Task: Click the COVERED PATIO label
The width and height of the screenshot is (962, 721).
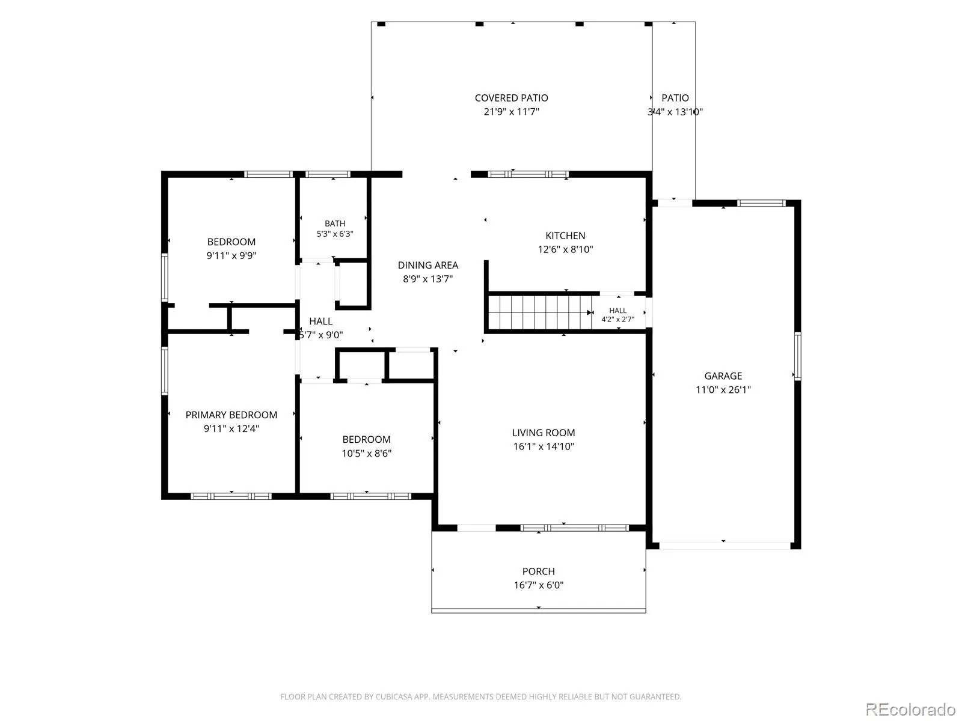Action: tap(511, 98)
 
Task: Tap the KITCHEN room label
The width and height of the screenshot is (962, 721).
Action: tap(565, 236)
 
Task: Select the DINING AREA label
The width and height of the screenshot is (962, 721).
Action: tap(427, 266)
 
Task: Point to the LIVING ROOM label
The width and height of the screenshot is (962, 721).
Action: tap(544, 433)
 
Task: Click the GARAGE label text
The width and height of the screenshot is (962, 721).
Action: tap(723, 376)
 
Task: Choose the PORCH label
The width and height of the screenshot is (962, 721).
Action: tap(538, 571)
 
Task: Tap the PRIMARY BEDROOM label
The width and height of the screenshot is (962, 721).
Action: tap(231, 415)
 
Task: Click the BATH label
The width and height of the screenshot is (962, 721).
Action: tap(335, 224)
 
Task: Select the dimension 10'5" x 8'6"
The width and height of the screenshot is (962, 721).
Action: tap(366, 453)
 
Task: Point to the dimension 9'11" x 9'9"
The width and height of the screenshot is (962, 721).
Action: tap(231, 256)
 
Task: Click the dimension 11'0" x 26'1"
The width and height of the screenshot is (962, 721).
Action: tap(723, 389)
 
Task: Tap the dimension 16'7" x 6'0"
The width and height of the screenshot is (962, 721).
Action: tap(538, 585)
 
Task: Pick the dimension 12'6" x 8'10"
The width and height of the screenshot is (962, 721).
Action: tap(565, 249)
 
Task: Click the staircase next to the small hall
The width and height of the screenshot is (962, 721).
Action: tap(540, 312)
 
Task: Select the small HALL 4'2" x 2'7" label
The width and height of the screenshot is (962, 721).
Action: tap(617, 315)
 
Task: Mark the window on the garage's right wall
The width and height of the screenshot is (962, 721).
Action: tap(797, 356)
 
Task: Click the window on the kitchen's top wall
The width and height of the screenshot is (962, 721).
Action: tap(528, 174)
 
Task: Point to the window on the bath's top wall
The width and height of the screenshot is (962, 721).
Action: tap(328, 174)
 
